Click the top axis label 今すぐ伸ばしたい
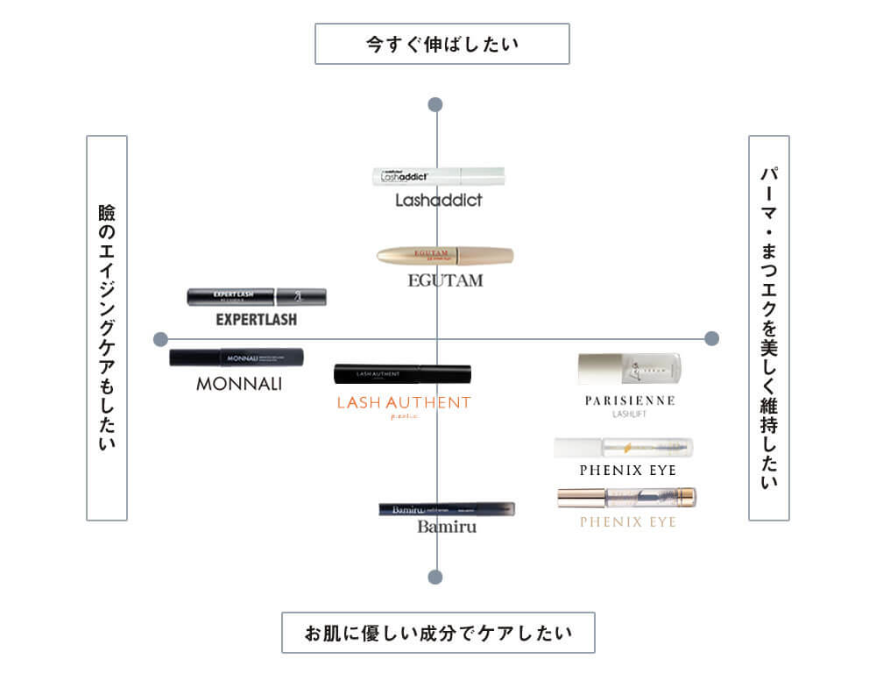(442, 44)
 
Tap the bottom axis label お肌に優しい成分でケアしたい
(438, 633)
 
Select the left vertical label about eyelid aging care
(107, 328)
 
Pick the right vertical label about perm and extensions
(769, 328)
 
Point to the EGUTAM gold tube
(445, 256)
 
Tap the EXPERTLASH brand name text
(256, 320)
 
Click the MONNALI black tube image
(237, 358)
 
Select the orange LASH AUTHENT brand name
(404, 403)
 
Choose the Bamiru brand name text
(447, 528)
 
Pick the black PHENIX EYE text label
(627, 471)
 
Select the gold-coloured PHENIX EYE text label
(627, 522)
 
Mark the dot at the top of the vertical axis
(435, 105)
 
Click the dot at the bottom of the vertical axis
(435, 577)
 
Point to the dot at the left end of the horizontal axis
(160, 339)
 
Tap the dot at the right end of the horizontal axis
(711, 338)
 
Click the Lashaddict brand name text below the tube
(438, 201)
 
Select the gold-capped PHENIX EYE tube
(626, 498)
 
